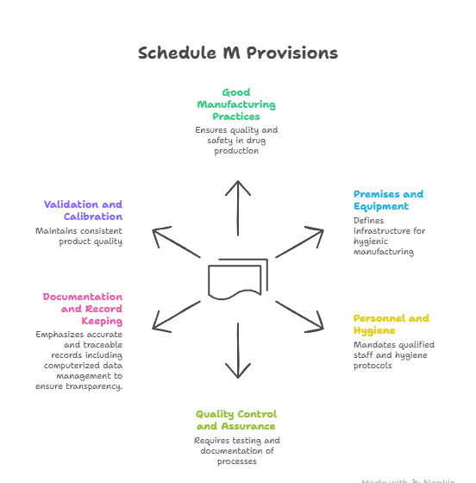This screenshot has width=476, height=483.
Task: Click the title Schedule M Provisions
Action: [x=238, y=53]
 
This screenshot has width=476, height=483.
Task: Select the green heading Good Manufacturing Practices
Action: [x=236, y=104]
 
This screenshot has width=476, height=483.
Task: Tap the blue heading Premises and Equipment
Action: [x=388, y=200]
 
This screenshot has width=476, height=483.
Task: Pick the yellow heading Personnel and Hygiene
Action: [x=391, y=324]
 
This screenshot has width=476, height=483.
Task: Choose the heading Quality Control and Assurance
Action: [x=235, y=420]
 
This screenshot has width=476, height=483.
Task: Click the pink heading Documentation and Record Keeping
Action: [x=83, y=309]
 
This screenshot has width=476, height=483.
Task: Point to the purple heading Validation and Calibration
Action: [x=83, y=210]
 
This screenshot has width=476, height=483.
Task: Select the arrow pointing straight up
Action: [x=238, y=207]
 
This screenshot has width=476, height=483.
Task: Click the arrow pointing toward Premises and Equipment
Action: [x=299, y=243]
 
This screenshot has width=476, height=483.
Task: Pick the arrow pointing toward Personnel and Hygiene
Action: [x=299, y=315]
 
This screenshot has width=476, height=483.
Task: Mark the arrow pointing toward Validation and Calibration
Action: [x=177, y=243]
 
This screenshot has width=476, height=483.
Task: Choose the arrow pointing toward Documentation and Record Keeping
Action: [x=177, y=315]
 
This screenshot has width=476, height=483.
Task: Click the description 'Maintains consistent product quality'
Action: [x=78, y=236]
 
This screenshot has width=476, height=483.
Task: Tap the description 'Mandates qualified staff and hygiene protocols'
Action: [x=393, y=355]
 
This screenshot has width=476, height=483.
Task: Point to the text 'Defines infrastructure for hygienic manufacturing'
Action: [x=389, y=236]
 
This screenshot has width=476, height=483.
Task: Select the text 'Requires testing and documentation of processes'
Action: [x=236, y=451]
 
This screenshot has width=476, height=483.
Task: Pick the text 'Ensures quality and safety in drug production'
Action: [x=236, y=141]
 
